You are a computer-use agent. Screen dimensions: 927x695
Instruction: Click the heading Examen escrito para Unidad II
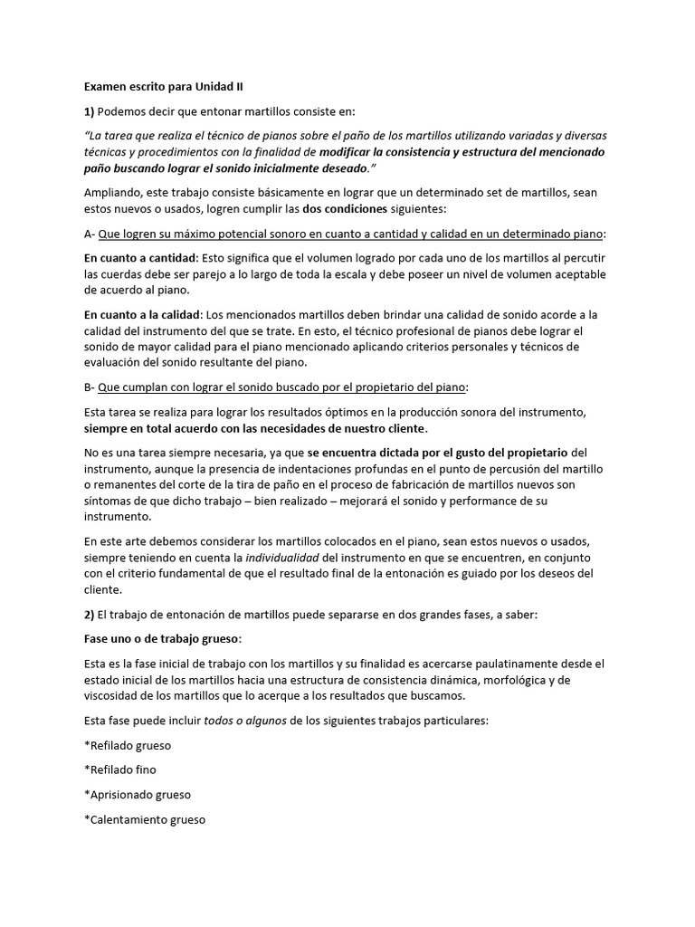click(163, 87)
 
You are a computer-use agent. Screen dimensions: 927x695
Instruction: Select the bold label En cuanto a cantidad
click(138, 258)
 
